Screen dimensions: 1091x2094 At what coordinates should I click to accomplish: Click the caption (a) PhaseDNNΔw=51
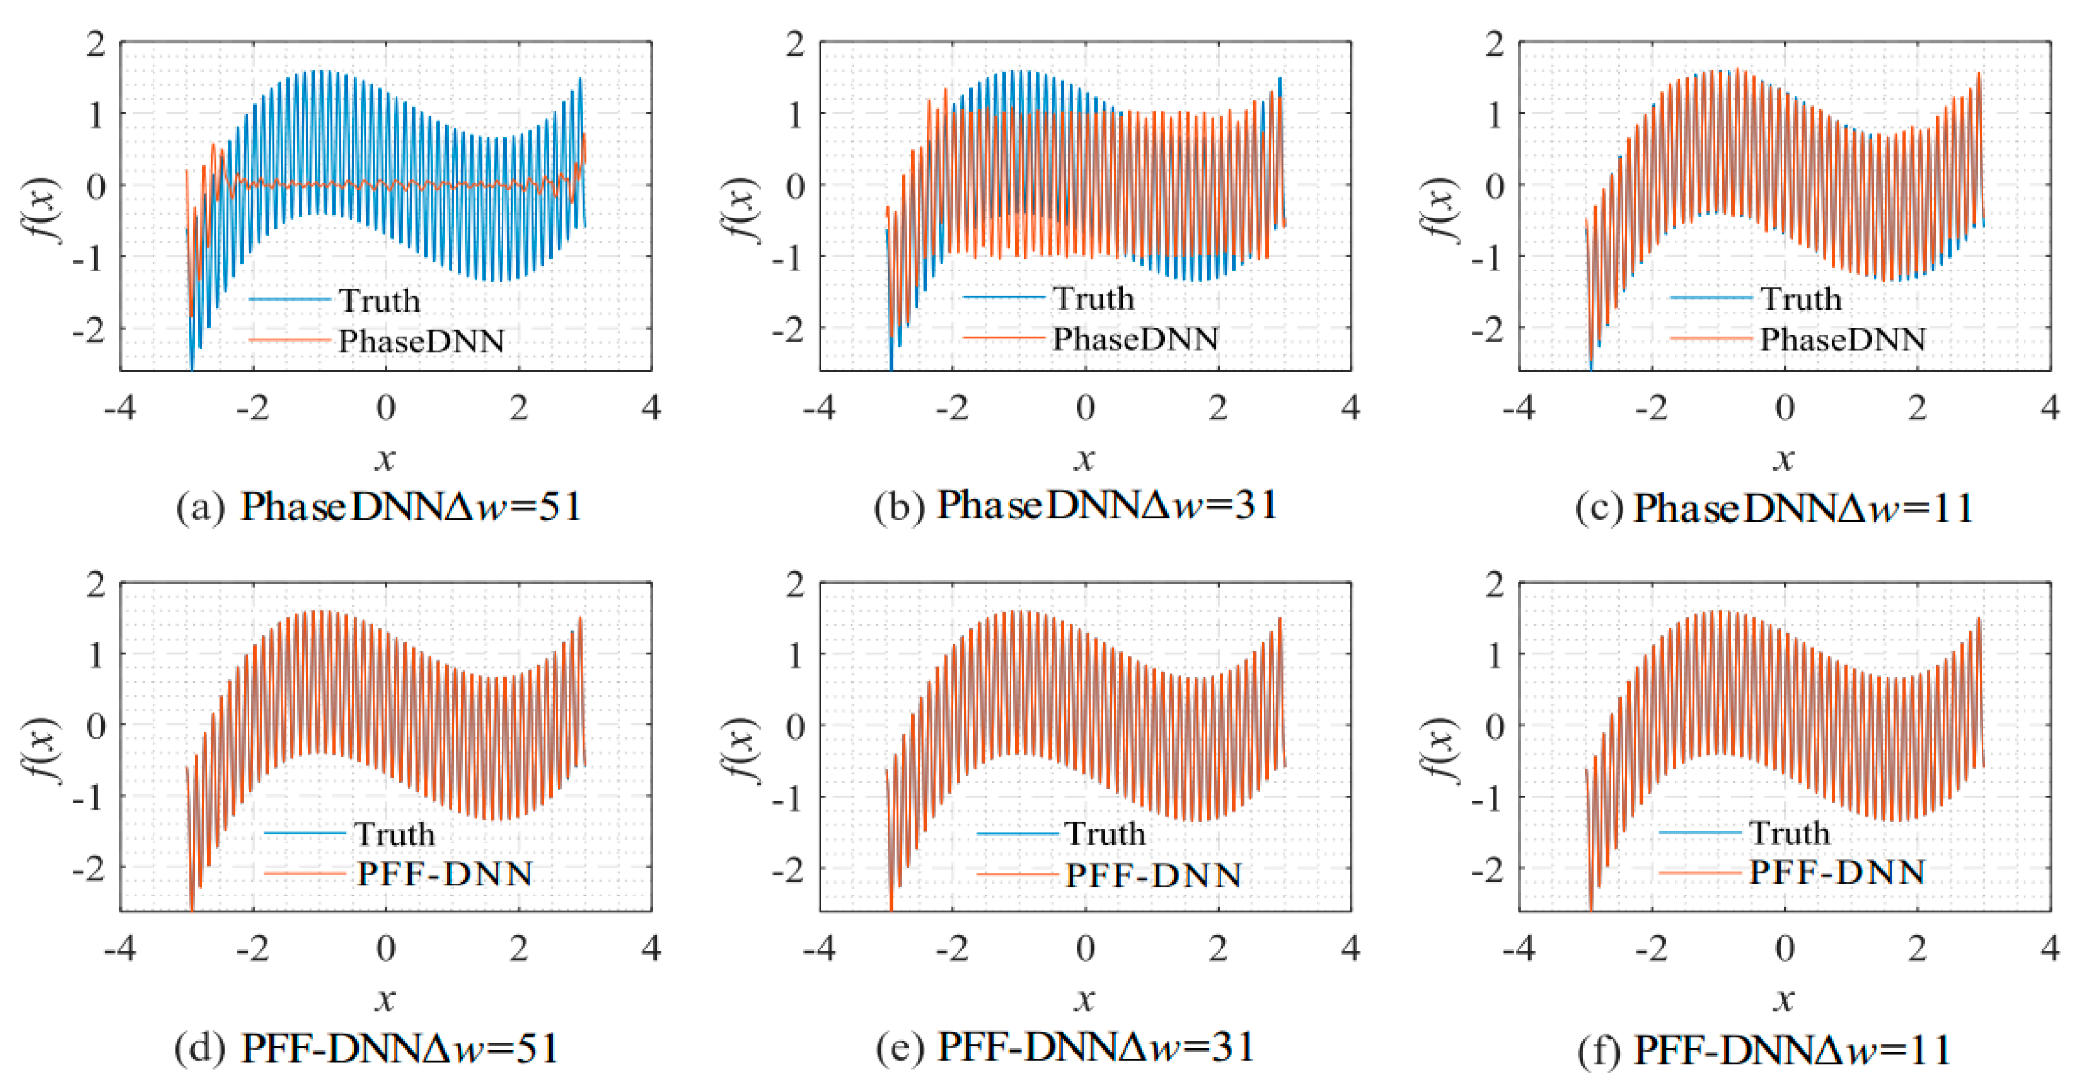click(x=379, y=507)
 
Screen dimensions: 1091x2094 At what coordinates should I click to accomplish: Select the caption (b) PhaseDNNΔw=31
click(x=1075, y=505)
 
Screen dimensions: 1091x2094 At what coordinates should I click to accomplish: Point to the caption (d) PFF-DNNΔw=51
click(x=368, y=1049)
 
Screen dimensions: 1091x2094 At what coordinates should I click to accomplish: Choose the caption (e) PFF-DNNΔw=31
click(x=1065, y=1047)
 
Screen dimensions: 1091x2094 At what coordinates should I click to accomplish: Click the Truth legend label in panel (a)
click(x=379, y=301)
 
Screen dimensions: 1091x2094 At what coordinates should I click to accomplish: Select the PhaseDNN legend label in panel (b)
click(x=1135, y=339)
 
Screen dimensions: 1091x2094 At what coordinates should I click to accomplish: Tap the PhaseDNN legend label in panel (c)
click(x=1842, y=340)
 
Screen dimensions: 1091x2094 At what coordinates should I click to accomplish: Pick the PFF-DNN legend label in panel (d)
click(x=445, y=874)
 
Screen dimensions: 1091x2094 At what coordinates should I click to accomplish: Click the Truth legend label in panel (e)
click(x=1105, y=834)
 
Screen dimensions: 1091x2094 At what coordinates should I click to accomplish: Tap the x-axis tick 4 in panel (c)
click(x=2049, y=407)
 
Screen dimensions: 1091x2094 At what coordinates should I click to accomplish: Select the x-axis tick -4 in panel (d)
click(x=120, y=948)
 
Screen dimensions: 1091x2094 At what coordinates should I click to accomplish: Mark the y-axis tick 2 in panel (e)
click(x=795, y=584)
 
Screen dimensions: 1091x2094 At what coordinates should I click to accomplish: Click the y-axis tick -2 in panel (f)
click(x=1488, y=871)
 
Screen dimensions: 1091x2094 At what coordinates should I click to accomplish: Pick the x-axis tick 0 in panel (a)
click(x=386, y=407)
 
